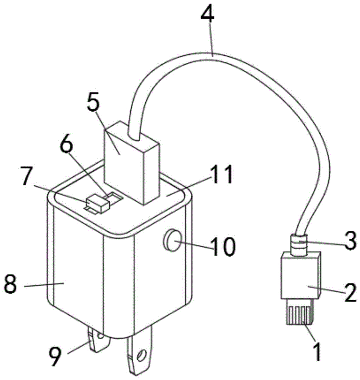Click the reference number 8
[x=11, y=284]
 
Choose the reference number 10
[x=223, y=246]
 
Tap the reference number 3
[x=350, y=241]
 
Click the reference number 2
[x=351, y=293]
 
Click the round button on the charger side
[x=172, y=240]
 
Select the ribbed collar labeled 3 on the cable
[x=299, y=245]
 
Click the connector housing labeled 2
[x=301, y=275]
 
